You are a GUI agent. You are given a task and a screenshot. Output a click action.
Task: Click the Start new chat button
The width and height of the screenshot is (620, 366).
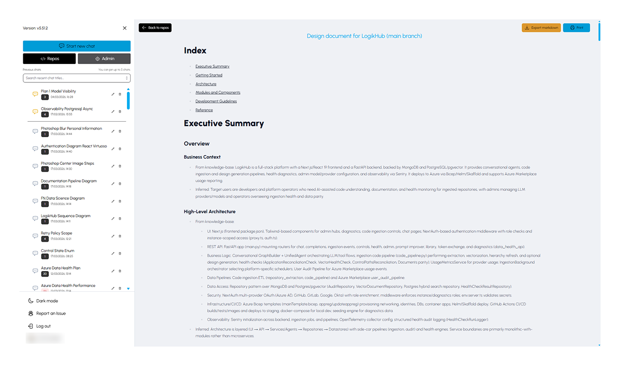[77, 46]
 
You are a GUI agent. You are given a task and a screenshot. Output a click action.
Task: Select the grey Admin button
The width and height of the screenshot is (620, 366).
[104, 59]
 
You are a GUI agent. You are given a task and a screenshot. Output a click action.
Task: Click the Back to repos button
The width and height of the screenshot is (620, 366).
[155, 28]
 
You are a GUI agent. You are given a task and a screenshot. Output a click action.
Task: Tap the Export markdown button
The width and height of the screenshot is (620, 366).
[541, 28]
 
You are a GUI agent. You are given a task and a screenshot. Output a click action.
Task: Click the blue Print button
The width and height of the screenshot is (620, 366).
[576, 28]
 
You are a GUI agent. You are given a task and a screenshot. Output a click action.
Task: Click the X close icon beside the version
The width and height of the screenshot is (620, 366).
[124, 28]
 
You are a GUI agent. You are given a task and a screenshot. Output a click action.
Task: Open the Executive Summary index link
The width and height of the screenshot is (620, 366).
[212, 66]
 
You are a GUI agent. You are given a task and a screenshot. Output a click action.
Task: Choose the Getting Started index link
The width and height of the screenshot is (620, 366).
[209, 75]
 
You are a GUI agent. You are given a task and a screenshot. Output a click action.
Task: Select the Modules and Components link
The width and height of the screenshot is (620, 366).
[217, 93]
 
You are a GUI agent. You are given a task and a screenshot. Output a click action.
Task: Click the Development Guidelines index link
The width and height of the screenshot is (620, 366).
[216, 101]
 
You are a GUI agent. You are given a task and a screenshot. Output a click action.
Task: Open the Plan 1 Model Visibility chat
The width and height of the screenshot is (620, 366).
[58, 91]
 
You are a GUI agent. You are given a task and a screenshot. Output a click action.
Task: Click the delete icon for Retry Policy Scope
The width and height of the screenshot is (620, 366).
[120, 236]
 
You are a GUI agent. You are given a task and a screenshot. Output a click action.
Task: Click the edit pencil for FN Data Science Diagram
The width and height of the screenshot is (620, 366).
[113, 201]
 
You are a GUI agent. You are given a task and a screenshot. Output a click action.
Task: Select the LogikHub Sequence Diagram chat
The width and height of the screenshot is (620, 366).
[65, 216]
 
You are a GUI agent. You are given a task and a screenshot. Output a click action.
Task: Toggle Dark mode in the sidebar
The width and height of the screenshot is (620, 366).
[46, 301]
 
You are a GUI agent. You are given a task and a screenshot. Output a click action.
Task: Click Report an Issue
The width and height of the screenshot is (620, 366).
[50, 314]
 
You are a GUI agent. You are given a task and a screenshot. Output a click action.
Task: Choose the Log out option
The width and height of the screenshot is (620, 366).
[43, 326]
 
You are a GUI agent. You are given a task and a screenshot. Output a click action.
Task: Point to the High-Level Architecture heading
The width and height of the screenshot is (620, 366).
[209, 211]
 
